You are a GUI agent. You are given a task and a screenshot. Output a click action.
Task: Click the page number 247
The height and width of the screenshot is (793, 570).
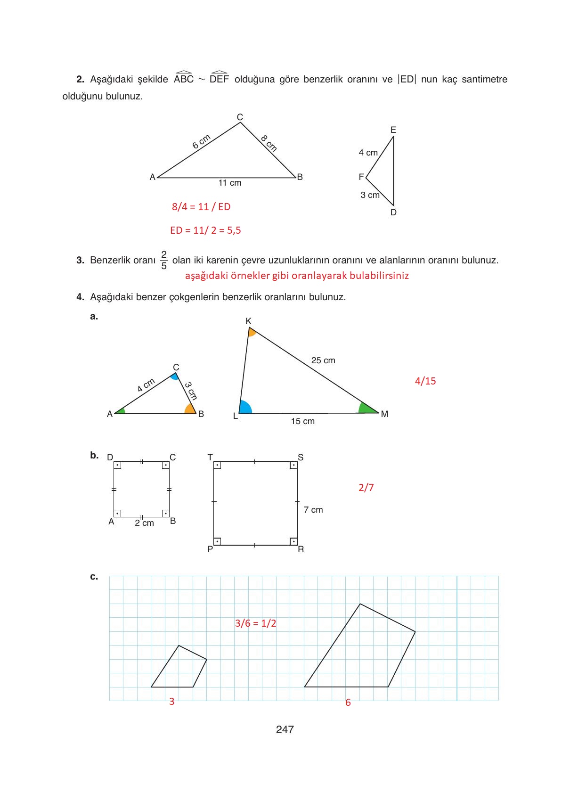tap(285, 729)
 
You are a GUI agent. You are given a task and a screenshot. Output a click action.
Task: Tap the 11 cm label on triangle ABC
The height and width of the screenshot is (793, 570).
tap(230, 183)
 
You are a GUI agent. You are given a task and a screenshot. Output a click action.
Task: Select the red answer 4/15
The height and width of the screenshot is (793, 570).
tap(425, 381)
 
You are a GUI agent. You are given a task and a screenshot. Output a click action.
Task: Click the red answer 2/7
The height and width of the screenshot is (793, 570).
tap(366, 488)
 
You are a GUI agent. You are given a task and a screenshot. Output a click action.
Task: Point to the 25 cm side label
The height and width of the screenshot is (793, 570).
tap(323, 360)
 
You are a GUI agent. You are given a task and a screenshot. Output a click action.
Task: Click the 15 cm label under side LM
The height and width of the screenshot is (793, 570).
tap(302, 421)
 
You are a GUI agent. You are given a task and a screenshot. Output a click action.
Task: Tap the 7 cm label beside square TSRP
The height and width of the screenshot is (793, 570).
tap(313, 510)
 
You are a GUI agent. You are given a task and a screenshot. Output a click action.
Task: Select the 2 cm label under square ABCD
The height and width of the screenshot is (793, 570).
tap(144, 523)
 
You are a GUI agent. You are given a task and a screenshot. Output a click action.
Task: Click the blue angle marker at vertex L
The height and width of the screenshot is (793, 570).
tap(244, 408)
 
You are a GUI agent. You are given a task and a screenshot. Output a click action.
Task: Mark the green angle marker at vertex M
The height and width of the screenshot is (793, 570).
tap(366, 408)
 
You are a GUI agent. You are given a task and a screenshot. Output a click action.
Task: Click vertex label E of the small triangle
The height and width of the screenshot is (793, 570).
tap(393, 130)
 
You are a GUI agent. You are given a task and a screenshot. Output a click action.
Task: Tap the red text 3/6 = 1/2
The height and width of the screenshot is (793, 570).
tap(255, 623)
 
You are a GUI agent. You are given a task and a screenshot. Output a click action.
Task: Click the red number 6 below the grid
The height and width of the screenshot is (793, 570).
tap(348, 703)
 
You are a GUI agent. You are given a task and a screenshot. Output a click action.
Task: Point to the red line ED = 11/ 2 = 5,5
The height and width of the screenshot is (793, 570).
tap(205, 230)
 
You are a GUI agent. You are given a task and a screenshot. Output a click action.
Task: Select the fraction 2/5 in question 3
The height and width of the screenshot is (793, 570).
tap(163, 260)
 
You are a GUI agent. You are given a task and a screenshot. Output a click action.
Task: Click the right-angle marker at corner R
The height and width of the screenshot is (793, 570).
tap(293, 541)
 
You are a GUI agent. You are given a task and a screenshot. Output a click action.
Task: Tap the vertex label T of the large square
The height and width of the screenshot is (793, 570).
tap(210, 457)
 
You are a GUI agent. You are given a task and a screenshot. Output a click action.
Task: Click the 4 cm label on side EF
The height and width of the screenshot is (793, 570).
tap(368, 153)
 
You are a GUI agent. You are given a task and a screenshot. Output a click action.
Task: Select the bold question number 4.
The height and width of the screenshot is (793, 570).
tap(80, 297)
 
